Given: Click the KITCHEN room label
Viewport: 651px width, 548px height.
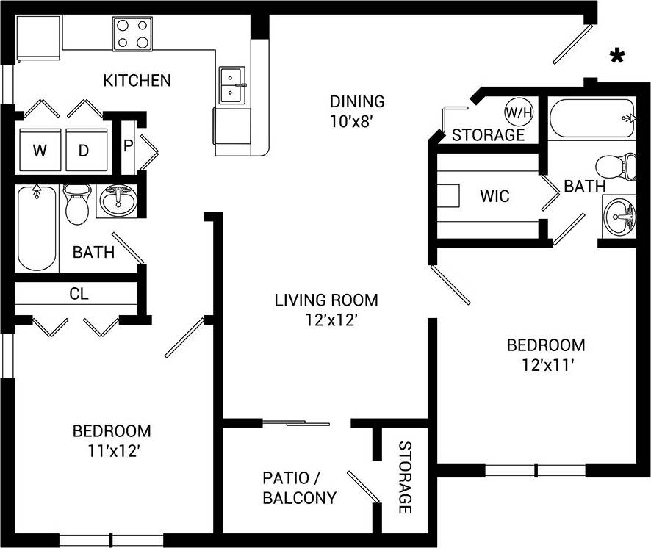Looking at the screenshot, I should point(137,80).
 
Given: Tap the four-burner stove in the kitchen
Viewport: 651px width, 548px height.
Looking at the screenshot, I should point(133,34).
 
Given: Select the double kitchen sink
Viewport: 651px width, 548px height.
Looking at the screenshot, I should point(233,85).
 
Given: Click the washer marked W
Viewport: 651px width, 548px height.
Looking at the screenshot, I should point(40,151).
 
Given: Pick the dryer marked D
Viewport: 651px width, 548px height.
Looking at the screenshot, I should point(84,151).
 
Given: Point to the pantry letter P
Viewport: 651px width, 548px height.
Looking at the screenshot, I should point(128,145).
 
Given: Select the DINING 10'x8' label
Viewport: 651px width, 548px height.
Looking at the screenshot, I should point(356,110).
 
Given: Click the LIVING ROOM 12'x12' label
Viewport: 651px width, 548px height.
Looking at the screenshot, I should point(326,309).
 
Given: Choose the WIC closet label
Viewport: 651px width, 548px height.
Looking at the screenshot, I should point(494,197).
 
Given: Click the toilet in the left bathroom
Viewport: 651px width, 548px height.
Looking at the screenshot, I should point(76,204).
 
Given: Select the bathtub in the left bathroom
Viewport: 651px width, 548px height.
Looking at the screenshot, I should point(37,228).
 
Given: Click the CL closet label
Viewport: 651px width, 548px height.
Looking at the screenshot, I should point(79,294).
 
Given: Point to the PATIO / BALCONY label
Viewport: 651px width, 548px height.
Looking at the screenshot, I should point(299,488).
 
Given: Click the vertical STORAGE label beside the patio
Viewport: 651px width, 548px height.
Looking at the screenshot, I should point(405,477).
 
